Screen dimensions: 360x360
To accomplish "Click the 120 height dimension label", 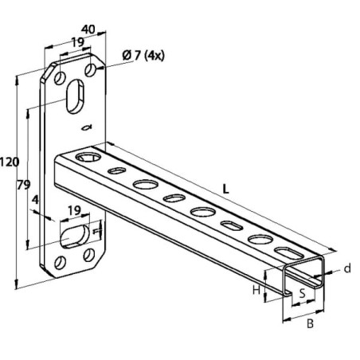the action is point(10,162).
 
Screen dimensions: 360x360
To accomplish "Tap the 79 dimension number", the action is point(24,185).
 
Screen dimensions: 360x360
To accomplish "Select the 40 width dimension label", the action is point(88,29).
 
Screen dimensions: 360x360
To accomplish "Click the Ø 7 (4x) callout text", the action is point(143,56).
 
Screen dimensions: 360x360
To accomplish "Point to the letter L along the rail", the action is point(225,190).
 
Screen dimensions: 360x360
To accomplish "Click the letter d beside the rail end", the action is point(347,268).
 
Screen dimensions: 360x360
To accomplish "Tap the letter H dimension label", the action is point(256,290).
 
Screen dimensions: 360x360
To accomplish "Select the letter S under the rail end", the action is point(303,293).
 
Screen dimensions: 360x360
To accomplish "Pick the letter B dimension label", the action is point(310,323).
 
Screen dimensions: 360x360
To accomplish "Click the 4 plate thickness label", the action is point(35,200).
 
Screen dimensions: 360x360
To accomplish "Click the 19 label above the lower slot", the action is point(74,210).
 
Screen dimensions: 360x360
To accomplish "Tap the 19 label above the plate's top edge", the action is point(78,42).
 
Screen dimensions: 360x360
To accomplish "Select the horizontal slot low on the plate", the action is point(75,236).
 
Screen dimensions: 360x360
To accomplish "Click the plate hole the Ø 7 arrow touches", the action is point(90,70).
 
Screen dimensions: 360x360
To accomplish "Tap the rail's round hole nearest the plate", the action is point(88,157).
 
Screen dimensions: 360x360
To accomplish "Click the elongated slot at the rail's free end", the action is point(288,252).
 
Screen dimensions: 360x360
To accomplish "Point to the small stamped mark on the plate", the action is point(87,127).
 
